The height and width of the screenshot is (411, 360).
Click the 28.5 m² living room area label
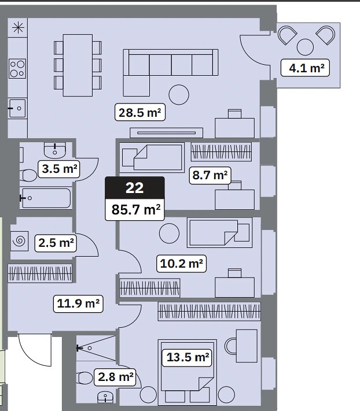[x=140, y=112]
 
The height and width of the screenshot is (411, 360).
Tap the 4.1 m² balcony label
[x=305, y=68]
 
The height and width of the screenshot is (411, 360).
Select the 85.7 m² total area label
[x=135, y=209]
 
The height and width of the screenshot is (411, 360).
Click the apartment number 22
[x=135, y=188]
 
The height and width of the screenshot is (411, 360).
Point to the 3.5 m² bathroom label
[x=59, y=169]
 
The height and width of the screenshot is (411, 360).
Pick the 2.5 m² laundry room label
[x=56, y=243]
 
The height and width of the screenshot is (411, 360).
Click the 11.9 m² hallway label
[x=78, y=303]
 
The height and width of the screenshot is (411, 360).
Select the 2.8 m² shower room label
[x=115, y=377]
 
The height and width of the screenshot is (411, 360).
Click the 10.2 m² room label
[x=181, y=264]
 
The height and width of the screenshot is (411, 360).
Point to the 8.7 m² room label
[x=210, y=175]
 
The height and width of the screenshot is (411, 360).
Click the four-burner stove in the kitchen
[x=17, y=69]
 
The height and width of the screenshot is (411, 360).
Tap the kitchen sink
[x=17, y=108]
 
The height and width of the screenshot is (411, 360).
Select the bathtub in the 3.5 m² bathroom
[x=46, y=198]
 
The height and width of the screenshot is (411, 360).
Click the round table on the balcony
[x=305, y=47]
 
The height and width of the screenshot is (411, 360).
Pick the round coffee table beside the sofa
[x=179, y=95]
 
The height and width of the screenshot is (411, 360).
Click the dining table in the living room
[x=78, y=65]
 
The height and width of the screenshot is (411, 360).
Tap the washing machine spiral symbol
[x=20, y=240]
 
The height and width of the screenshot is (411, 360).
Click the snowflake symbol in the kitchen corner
[x=18, y=28]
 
